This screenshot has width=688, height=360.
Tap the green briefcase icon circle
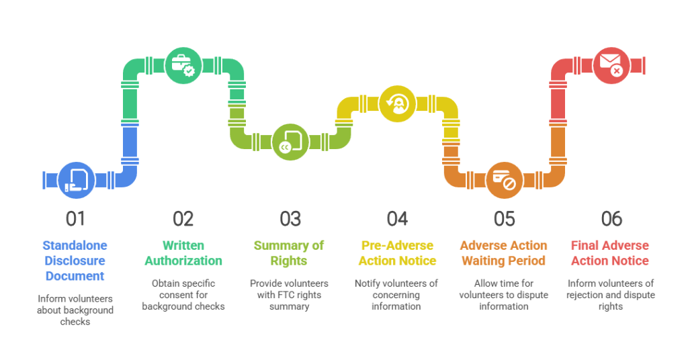point(183,65)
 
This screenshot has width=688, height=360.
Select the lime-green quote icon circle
point(290,142)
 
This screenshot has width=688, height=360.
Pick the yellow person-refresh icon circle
point(397,103)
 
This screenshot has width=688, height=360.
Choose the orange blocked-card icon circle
point(504,180)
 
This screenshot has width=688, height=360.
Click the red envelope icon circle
point(611,65)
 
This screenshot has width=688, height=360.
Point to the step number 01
point(75,219)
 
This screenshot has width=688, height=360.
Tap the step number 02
point(183,219)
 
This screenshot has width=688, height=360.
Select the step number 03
point(290,219)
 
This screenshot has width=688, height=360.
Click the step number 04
point(397,219)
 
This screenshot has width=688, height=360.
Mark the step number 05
point(504,219)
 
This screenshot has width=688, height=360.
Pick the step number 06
point(611,219)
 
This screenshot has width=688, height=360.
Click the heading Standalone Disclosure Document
point(75,261)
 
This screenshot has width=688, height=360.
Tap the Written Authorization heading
point(183,253)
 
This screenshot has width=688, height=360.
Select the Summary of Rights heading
point(290,253)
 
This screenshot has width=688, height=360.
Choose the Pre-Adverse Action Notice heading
point(397,253)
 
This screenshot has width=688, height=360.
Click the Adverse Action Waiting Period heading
point(504,253)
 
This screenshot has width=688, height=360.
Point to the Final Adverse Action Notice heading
point(611,253)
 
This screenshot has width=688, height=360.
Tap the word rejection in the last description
point(588,295)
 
